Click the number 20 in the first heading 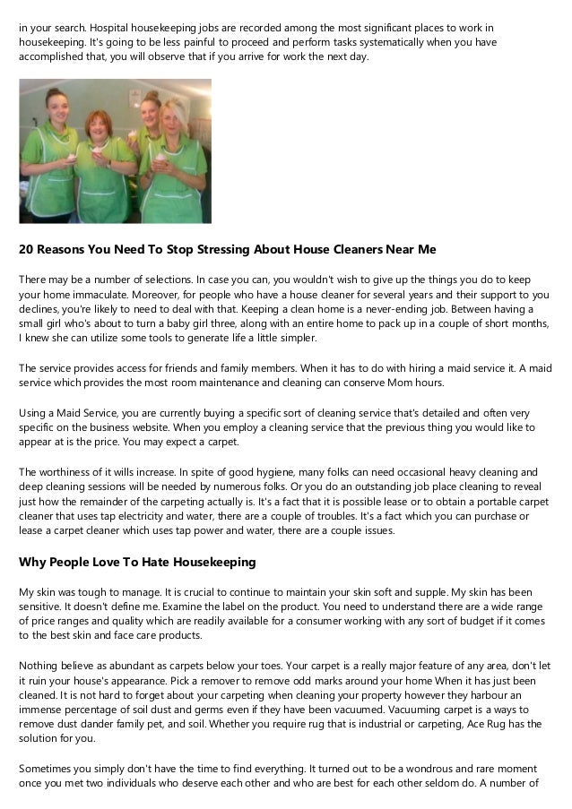[x=28, y=249]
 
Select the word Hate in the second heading [x=160, y=562]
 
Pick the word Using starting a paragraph [x=35, y=412]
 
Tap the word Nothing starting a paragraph [x=40, y=666]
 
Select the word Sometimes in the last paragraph [x=49, y=769]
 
